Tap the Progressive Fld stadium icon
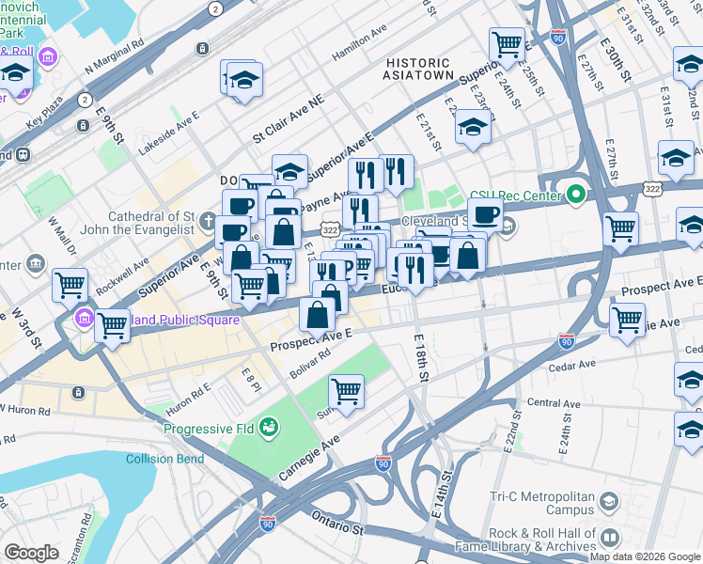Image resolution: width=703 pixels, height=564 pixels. [270, 429]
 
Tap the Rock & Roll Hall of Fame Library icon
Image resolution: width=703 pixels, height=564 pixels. [610, 538]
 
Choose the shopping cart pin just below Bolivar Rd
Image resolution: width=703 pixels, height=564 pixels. [347, 390]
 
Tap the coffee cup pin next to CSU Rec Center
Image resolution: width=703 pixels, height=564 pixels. [485, 213]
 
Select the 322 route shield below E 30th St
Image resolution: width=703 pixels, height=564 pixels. [650, 189]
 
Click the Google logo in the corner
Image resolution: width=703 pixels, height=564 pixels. [31, 553]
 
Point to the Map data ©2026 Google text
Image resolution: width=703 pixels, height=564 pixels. [644, 556]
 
